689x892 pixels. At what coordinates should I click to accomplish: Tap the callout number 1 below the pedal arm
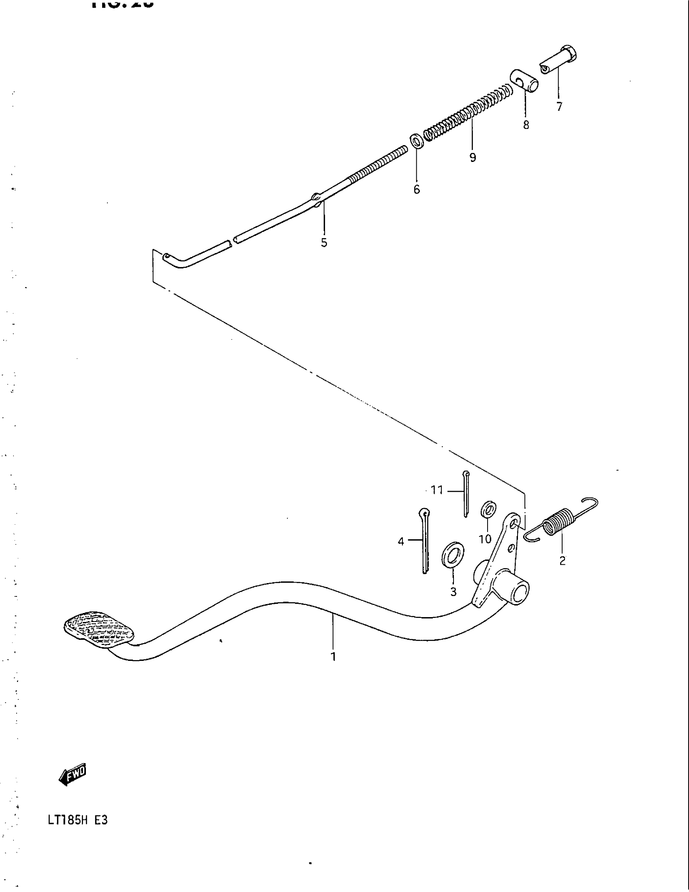pos(333,657)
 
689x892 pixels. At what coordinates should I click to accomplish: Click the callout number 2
pos(563,561)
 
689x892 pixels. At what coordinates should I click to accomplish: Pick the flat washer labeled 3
pos(453,555)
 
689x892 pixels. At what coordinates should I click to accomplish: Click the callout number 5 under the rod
pos(324,242)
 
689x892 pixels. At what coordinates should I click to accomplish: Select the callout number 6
pos(416,189)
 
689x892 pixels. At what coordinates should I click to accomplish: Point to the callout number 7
pos(559,107)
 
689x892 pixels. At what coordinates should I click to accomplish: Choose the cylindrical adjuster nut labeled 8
pos(524,81)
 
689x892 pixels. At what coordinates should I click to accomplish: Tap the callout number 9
pos(473,157)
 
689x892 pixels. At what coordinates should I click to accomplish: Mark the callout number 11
pos(437,490)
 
